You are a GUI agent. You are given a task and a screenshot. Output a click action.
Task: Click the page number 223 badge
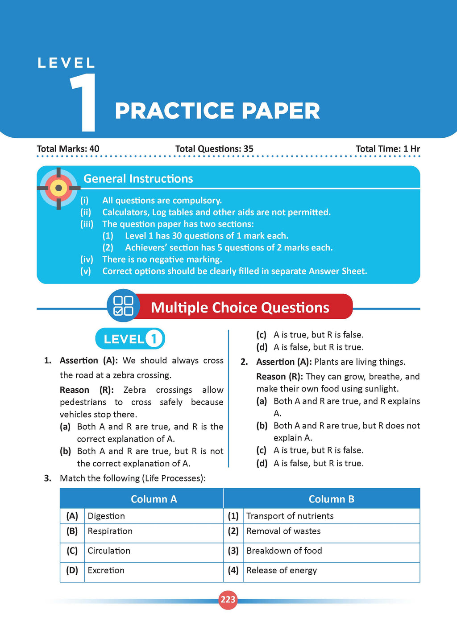click(228, 600)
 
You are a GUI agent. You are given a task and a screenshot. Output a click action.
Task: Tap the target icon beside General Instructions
click(58, 188)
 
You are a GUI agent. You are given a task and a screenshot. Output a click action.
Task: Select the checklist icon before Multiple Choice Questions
click(123, 306)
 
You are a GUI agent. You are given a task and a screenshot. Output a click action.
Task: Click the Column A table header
click(154, 499)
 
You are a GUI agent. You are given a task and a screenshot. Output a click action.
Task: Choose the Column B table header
click(331, 499)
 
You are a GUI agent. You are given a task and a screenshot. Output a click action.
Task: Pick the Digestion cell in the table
click(106, 516)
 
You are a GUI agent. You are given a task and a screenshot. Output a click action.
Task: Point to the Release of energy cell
click(282, 570)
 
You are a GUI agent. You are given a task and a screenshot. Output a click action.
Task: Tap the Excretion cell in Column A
click(106, 570)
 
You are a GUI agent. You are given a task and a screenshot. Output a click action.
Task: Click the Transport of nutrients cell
click(290, 516)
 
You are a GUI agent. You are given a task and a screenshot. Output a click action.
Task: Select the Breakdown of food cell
click(284, 551)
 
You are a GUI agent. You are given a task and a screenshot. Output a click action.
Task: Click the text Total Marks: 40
click(68, 149)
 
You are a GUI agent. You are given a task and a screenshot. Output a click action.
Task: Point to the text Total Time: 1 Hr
click(387, 149)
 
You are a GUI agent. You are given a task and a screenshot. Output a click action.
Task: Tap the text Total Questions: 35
click(214, 149)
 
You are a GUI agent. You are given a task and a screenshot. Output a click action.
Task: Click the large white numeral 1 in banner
click(83, 103)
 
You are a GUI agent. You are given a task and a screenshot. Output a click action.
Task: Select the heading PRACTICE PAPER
click(217, 111)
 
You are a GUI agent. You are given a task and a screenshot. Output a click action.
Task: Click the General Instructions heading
click(138, 179)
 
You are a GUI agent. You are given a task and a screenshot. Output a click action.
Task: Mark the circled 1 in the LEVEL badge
click(154, 339)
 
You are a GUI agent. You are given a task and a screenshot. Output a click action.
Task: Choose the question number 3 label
click(48, 478)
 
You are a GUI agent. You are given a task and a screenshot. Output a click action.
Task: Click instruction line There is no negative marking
click(162, 259)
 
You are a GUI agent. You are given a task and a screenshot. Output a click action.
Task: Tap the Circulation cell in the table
click(109, 551)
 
